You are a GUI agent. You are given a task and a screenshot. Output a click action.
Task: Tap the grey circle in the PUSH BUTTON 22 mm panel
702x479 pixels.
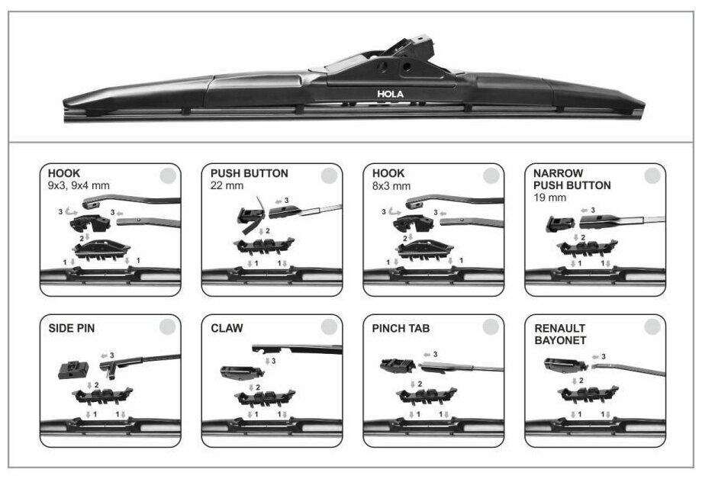click(x=329, y=176)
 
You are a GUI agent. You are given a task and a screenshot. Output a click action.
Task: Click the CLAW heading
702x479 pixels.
click(x=227, y=329)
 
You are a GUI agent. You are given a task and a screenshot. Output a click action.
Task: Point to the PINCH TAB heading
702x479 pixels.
click(x=401, y=329)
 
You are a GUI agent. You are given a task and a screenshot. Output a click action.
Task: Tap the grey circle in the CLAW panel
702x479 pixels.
click(x=329, y=327)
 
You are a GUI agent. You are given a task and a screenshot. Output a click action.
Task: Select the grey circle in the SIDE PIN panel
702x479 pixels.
click(x=167, y=327)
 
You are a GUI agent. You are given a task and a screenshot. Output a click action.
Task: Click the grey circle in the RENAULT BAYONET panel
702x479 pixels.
click(x=652, y=327)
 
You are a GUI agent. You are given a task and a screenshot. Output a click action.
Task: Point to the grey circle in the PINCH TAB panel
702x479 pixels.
click(x=491, y=327)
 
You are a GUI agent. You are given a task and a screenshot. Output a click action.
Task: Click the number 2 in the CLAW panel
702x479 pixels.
click(x=259, y=387)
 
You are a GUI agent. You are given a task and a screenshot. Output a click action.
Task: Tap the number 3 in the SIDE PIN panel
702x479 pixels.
click(x=112, y=355)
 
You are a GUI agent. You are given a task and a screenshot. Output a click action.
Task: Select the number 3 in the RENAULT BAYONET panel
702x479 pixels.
click(x=604, y=356)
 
